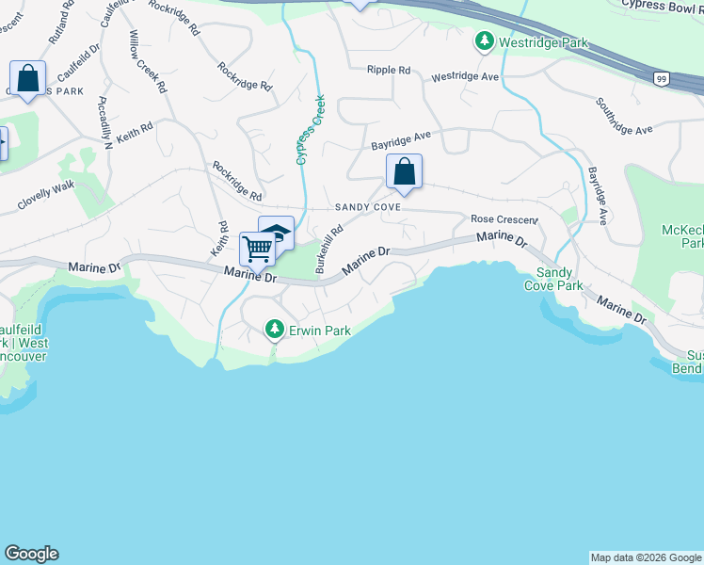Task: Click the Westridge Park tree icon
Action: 484,41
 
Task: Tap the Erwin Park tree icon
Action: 274,329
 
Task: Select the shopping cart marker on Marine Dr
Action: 257,249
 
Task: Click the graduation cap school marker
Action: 277,232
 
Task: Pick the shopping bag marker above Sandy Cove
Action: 404,171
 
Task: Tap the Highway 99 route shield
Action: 663,79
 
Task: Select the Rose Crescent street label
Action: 504,218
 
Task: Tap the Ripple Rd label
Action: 389,70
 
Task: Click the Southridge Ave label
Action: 623,117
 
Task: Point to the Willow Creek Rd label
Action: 148,61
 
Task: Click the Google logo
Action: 31,554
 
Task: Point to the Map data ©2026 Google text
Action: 646,557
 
